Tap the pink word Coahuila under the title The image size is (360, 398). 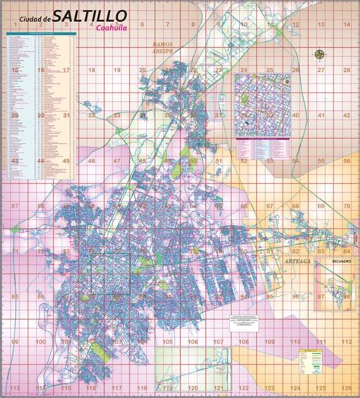tap(112, 29)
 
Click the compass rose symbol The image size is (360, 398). tap(320, 54)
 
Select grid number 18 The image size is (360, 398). tap(90, 70)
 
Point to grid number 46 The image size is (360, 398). tap(90, 161)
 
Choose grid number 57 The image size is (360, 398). tap(14, 206)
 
